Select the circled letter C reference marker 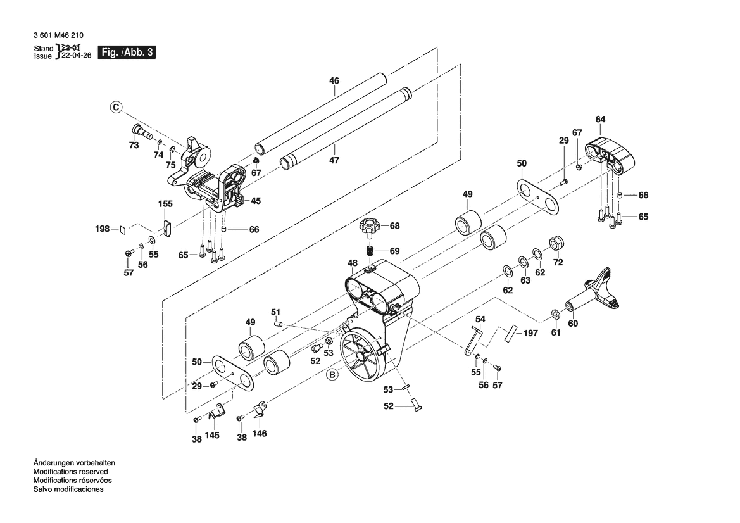116,108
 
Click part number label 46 334,80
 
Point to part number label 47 334,160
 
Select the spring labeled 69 372,250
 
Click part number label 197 531,333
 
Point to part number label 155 165,204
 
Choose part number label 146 260,434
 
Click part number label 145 213,436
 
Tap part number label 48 353,263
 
